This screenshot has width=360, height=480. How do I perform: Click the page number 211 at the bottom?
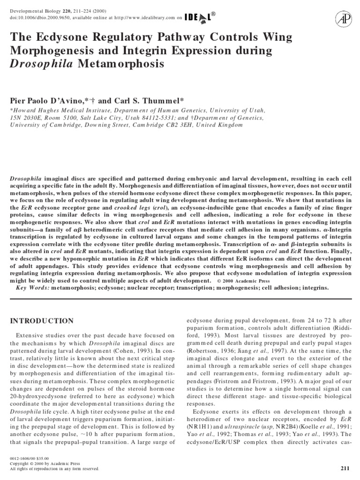[343, 468]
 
